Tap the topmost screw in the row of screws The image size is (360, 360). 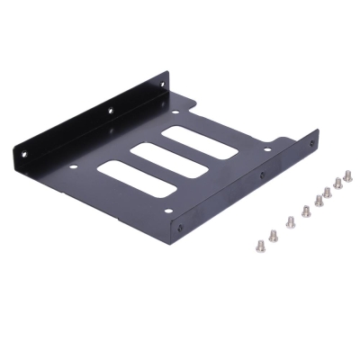tap(347, 176)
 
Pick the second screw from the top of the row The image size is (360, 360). tap(337, 183)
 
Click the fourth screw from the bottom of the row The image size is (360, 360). tap(306, 211)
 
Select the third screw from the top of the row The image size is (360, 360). tap(327, 191)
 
